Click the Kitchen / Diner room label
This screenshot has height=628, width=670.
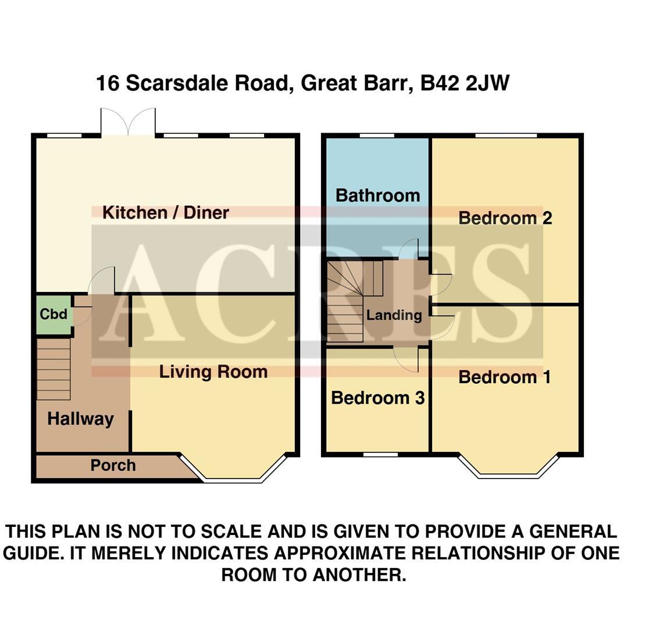point(166,213)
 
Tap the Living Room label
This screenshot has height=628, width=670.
point(213,372)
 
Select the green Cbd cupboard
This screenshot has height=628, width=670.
point(54,315)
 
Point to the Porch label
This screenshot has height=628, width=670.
point(113,466)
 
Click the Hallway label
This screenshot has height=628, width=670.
point(80,419)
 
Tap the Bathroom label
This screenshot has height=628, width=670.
point(377,195)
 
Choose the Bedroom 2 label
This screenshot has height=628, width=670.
point(505,219)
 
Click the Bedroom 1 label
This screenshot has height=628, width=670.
point(504,377)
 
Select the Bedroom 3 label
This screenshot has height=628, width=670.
point(377,398)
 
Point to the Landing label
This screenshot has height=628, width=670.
point(394,316)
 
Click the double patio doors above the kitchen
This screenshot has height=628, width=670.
point(128,122)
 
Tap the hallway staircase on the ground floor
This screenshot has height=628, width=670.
point(54,369)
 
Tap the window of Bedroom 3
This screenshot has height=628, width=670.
point(381,454)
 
